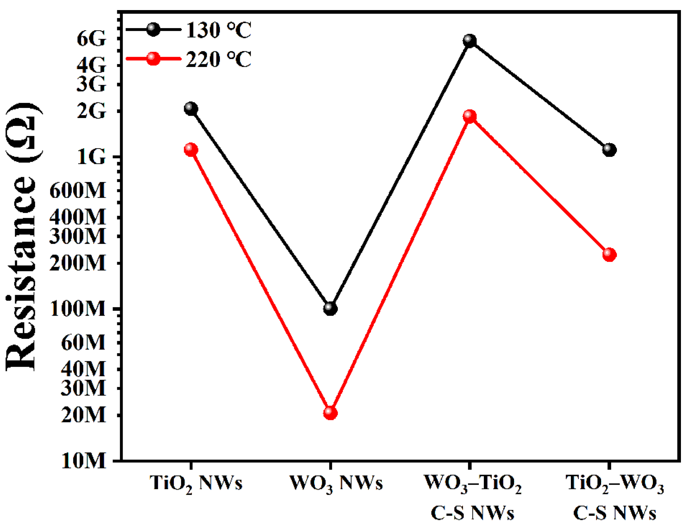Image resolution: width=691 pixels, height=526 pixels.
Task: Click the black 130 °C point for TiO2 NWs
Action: click(191, 108)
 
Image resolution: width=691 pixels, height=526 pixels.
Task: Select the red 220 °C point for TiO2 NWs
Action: click(191, 150)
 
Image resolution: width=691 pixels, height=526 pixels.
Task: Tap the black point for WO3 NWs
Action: click(330, 308)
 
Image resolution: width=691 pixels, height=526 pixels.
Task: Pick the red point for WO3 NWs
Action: click(330, 413)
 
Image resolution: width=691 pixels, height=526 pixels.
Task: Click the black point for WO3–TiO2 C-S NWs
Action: click(470, 41)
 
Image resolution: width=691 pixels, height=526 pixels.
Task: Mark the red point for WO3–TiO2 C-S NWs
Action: click(470, 116)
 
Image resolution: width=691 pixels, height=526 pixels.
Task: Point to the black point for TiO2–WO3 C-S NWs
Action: click(609, 150)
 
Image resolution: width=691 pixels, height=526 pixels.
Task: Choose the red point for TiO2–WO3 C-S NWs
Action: click(609, 255)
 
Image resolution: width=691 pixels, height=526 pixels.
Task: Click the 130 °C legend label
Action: click(219, 30)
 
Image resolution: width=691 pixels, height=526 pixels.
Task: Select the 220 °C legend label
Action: click(219, 59)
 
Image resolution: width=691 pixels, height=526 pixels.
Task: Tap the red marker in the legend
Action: click(154, 59)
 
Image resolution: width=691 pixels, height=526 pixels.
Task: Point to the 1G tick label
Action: click(91, 157)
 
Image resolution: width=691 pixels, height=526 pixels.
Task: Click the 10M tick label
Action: click(83, 461)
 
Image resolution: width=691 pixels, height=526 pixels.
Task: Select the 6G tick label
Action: click(91, 38)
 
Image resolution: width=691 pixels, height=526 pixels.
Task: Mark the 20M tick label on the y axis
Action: click(83, 415)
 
